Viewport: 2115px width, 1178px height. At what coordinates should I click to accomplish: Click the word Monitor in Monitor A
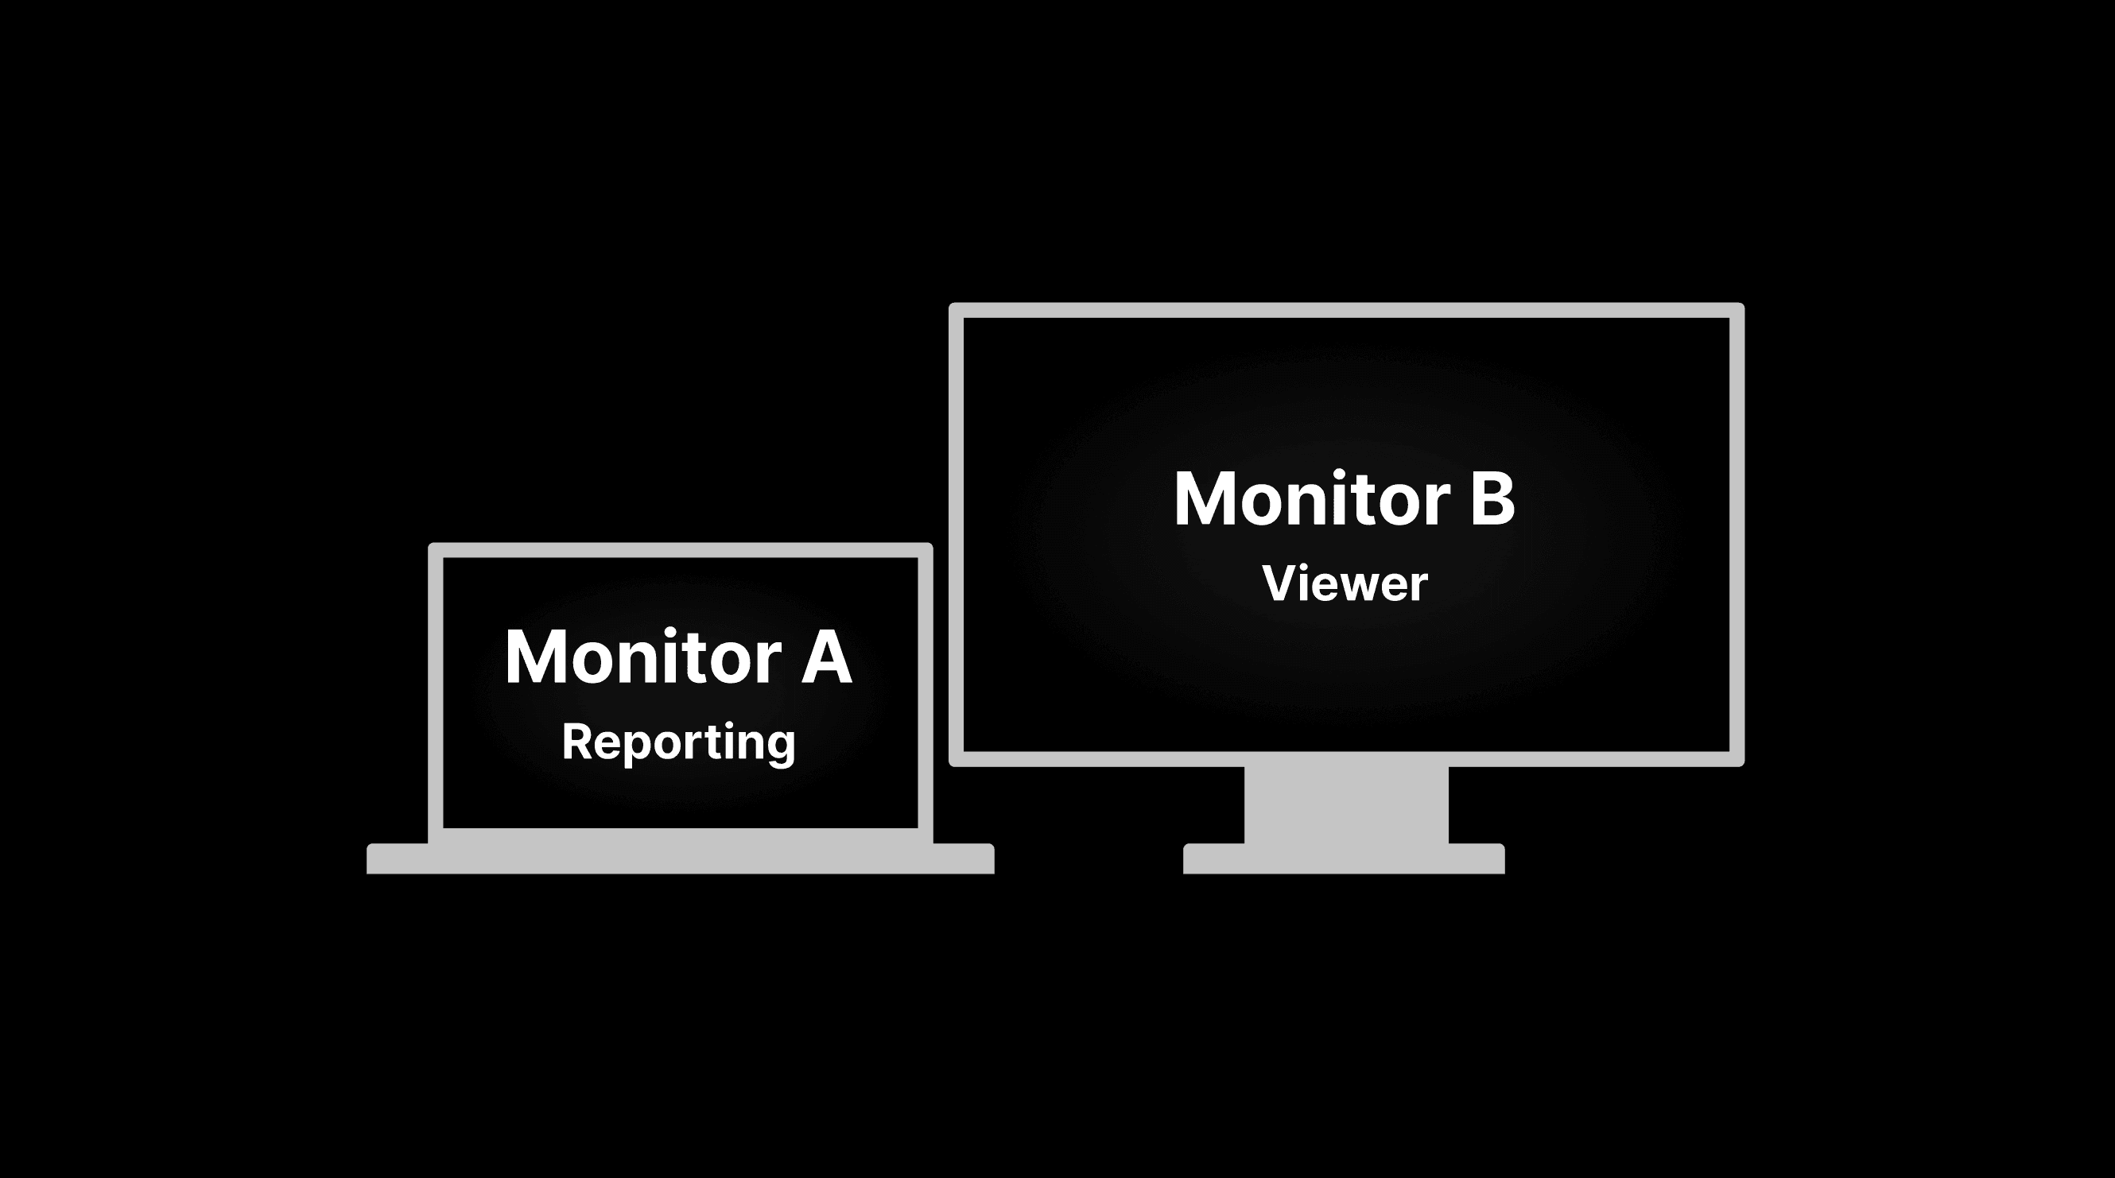point(643,657)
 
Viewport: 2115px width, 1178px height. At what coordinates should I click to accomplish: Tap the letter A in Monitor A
point(827,657)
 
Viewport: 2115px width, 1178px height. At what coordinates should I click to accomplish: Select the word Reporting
point(678,743)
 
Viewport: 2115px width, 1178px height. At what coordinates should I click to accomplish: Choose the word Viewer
point(1345,583)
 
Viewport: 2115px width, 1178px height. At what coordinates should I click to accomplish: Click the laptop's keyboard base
point(680,858)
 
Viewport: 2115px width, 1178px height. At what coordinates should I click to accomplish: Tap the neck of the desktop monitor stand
point(1345,804)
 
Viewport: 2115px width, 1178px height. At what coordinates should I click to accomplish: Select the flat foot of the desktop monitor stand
point(1343,858)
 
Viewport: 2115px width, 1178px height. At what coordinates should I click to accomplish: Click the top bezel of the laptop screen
point(680,550)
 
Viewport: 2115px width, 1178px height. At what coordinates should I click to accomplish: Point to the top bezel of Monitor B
point(1345,310)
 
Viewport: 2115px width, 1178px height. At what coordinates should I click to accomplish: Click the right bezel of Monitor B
point(1737,533)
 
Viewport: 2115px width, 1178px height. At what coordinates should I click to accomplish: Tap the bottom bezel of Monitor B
point(1345,758)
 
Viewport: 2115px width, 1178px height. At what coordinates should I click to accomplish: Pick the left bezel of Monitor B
point(956,533)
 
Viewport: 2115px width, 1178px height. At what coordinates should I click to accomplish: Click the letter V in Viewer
point(1280,583)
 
